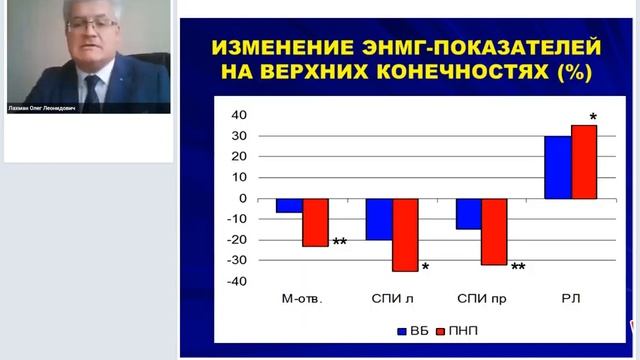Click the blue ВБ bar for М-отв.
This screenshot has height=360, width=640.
289,205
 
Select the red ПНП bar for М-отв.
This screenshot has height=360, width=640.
315,222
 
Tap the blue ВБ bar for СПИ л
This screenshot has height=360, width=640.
378,219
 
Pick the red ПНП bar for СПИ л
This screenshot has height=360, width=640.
405,235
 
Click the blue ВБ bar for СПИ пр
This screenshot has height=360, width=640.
468,213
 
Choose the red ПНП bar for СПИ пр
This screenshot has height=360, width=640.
494,231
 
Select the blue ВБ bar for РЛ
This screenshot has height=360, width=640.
557,167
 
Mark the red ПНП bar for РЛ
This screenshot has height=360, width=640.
583,161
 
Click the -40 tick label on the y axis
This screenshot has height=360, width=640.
237,281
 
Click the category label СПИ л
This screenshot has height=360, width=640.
392,298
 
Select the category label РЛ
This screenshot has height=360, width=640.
571,298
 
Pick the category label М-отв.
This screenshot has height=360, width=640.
303,298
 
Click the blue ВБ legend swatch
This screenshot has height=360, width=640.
402,328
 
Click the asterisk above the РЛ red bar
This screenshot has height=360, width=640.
593,118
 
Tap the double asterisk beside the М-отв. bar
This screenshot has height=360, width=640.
339,243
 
